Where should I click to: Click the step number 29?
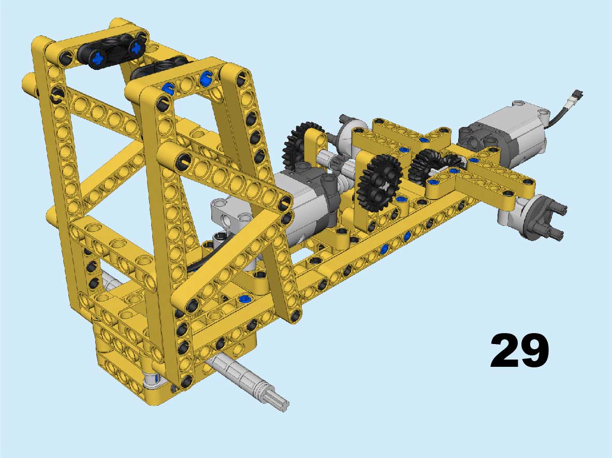(x=519, y=350)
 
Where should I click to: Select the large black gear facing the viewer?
(x=380, y=183)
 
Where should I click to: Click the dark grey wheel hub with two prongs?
(x=545, y=217)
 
